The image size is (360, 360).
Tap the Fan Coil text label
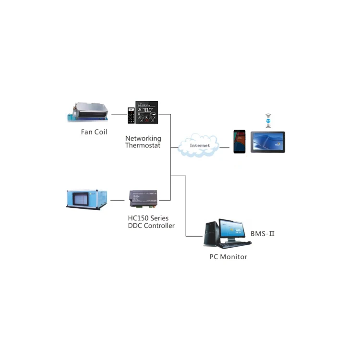(x=94, y=132)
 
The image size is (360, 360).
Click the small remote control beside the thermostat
(x=131, y=115)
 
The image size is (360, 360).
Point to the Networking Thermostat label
(x=143, y=142)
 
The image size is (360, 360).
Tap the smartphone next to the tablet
(x=240, y=141)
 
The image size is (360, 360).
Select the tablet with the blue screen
(x=267, y=142)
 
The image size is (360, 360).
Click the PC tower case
(x=210, y=234)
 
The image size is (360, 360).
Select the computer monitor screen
(x=232, y=230)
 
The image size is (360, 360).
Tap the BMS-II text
(x=262, y=234)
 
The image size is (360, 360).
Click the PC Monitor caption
(x=228, y=257)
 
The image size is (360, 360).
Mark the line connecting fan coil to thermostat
(x=117, y=114)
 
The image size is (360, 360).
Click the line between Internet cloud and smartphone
(x=226, y=146)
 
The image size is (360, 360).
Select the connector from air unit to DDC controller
(x=118, y=199)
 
